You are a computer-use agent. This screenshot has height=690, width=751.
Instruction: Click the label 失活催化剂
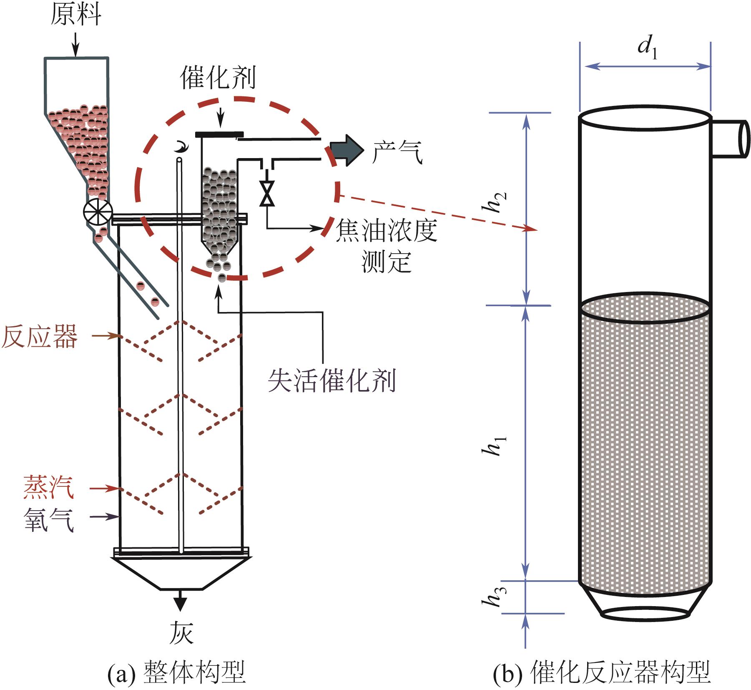pos(332,380)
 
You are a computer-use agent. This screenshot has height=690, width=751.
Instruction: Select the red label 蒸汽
pos(49,487)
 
